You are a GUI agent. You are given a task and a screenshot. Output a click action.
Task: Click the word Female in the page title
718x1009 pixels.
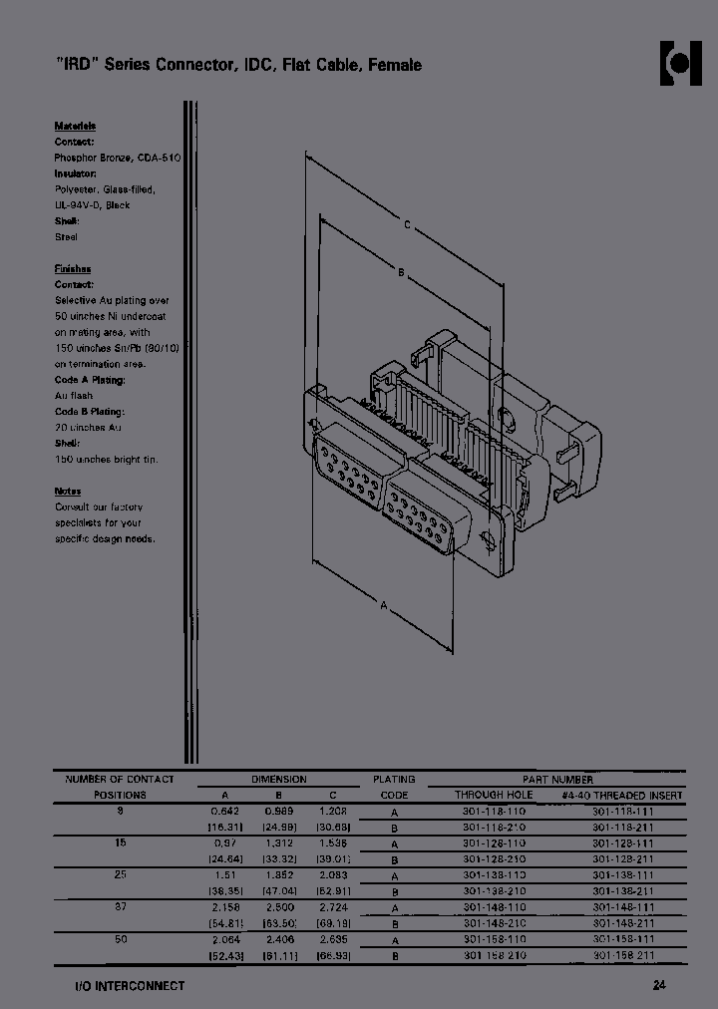395,65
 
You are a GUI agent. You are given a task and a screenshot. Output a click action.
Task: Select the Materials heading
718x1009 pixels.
75,127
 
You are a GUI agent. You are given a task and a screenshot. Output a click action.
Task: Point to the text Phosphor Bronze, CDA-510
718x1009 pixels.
117,158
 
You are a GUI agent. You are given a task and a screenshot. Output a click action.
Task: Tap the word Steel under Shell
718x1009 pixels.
66,237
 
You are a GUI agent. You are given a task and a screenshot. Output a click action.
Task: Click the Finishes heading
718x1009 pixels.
73,269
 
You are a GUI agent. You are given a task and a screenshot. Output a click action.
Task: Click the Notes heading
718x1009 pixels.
68,492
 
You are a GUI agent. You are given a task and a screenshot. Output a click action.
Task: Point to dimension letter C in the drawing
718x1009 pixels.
407,225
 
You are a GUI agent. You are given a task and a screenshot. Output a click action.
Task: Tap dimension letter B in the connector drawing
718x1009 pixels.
400,272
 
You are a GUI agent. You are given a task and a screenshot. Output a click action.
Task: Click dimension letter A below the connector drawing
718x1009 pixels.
383,604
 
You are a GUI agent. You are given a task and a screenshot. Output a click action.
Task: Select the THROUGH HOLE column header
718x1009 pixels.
494,795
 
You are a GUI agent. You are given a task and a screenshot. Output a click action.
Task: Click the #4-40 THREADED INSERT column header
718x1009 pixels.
621,795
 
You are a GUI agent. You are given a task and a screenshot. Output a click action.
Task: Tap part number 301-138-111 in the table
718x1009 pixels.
623,874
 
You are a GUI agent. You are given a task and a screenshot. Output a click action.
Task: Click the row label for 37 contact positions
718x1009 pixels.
120,906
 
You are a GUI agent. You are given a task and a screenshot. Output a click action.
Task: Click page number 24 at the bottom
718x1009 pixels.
659,985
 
